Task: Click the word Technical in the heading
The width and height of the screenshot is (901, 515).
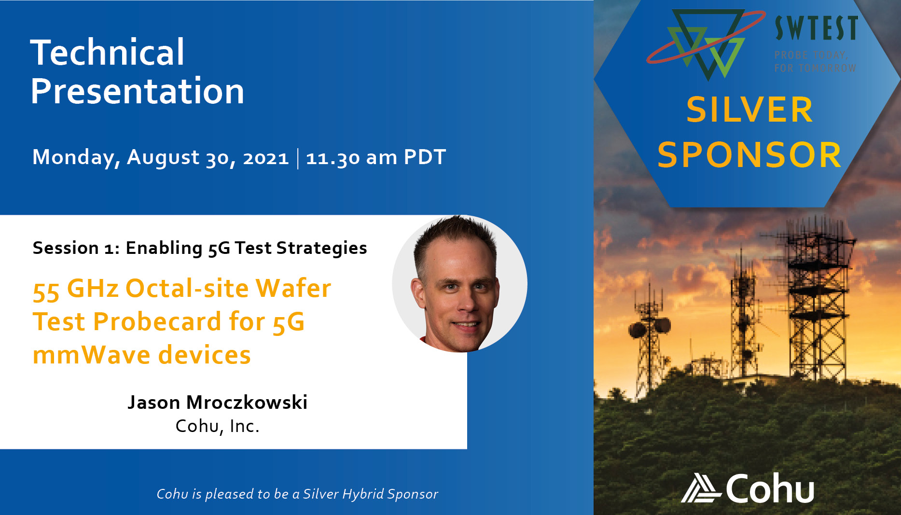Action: tap(107, 52)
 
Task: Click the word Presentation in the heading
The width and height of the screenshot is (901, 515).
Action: tap(138, 91)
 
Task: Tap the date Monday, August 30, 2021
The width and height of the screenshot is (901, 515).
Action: tap(160, 157)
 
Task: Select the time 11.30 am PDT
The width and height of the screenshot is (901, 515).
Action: tap(376, 157)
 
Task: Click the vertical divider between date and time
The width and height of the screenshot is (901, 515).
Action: tap(298, 158)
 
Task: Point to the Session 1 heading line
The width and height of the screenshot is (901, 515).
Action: tap(200, 248)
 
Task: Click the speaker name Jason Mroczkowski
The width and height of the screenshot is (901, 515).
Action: tap(217, 402)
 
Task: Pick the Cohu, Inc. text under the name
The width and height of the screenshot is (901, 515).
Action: tap(217, 426)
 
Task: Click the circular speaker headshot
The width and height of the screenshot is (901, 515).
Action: tap(459, 284)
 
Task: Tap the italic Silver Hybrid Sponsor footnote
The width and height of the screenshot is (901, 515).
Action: tap(297, 494)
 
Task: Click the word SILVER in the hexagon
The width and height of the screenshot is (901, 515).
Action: tap(749, 110)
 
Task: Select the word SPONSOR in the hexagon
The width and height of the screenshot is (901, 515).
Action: tap(749, 155)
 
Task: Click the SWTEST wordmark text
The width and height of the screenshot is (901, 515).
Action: tap(816, 28)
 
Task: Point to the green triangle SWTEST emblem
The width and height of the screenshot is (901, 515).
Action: tap(706, 43)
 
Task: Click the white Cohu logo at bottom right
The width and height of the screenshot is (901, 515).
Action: tap(748, 488)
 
